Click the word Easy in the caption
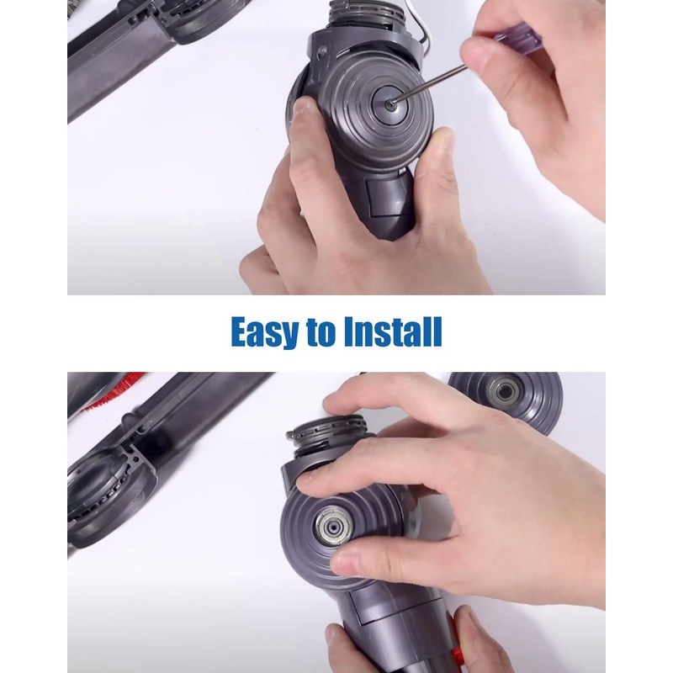pyautogui.click(x=264, y=332)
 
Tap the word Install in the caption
pyautogui.click(x=390, y=332)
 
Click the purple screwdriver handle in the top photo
pyautogui.click(x=515, y=39)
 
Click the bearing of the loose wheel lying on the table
pyautogui.click(x=505, y=390)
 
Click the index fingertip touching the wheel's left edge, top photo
pyautogui.click(x=304, y=109)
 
